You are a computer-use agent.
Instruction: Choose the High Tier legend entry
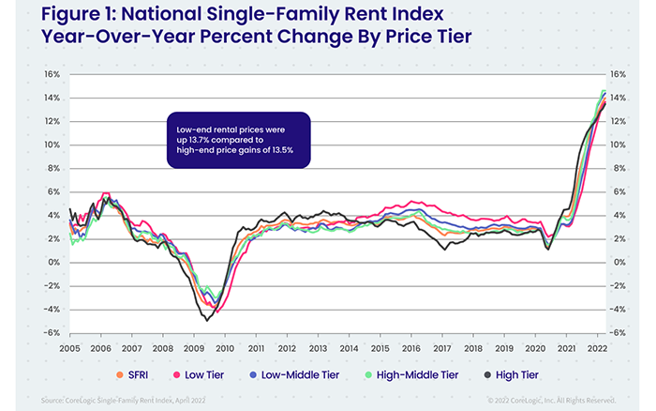517,374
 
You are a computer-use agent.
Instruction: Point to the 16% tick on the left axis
52,74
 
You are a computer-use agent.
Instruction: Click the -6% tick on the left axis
52,332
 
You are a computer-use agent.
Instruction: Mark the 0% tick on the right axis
618,262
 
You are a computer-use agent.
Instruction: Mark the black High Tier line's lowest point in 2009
206,320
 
